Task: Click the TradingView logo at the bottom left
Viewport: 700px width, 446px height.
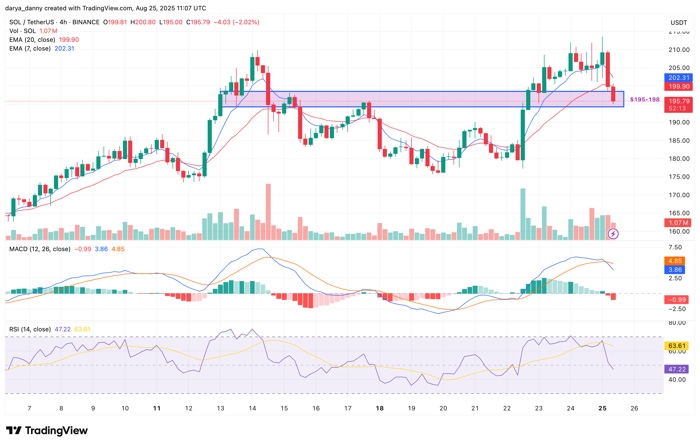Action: tap(46, 430)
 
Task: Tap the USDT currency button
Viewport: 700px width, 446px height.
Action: tap(679, 23)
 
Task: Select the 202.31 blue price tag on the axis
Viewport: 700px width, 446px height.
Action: tap(679, 78)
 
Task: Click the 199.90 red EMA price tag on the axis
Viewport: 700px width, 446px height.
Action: tap(679, 86)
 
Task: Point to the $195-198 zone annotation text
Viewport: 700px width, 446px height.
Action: tap(644, 99)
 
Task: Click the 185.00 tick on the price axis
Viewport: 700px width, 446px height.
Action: tap(679, 141)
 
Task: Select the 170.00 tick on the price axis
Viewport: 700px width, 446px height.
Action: tap(679, 195)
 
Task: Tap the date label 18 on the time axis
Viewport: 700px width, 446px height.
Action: tap(380, 408)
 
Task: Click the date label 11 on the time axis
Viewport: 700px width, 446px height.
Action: tap(157, 408)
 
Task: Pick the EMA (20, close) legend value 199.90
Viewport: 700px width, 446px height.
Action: tap(69, 40)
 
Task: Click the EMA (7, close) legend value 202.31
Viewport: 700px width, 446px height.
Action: tap(64, 49)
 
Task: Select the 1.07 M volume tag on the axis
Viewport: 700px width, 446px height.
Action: tap(678, 223)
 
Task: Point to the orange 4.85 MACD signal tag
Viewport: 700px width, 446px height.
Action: tap(675, 261)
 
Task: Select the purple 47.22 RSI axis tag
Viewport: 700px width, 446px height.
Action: tap(677, 369)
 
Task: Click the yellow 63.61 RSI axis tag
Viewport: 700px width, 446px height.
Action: tap(677, 346)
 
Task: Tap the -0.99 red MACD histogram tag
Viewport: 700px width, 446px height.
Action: tap(677, 300)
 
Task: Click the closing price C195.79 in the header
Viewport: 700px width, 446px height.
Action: tap(198, 22)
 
